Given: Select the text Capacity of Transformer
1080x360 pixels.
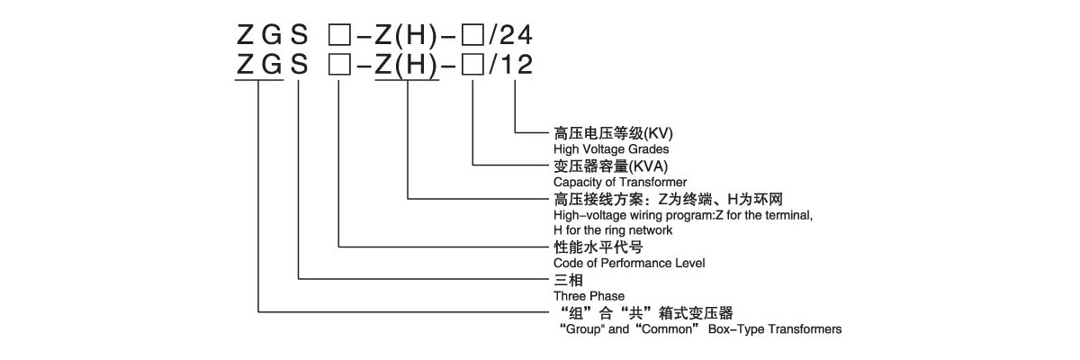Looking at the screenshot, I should click(x=616, y=181).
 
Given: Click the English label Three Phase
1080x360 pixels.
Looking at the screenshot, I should click(x=589, y=295).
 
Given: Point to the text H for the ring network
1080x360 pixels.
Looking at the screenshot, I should click(x=612, y=230).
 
